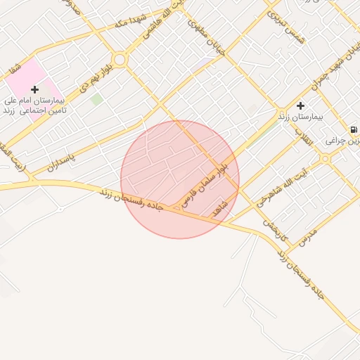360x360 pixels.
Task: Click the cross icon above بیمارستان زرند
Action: tap(300, 105)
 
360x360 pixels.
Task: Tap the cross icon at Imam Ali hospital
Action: tap(34, 89)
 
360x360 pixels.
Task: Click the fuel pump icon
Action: tap(352, 129)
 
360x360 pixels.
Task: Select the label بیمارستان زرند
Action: tap(300, 116)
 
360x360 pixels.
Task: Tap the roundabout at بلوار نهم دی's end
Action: tap(120, 60)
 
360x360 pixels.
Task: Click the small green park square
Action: tap(96, 100)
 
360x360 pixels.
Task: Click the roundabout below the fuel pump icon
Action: tap(324, 159)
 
